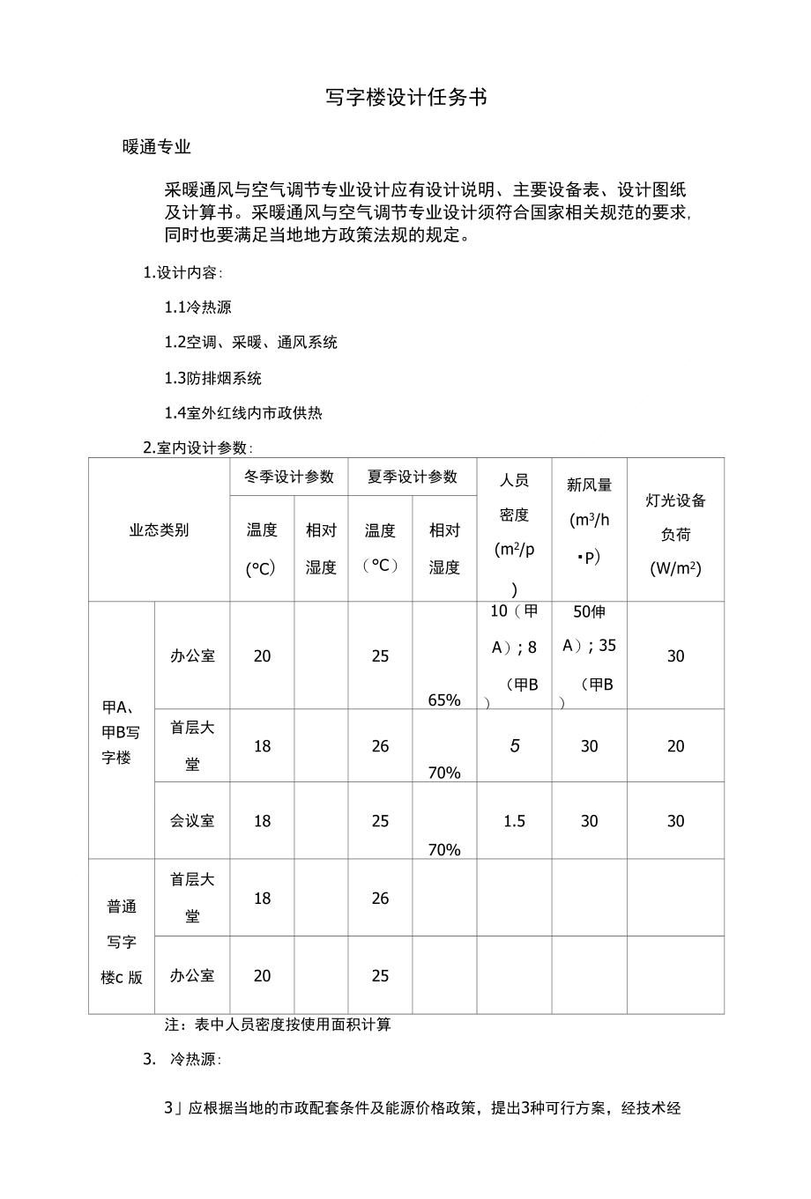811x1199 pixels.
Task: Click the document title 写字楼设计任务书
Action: point(405,98)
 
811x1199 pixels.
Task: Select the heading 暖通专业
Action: point(157,147)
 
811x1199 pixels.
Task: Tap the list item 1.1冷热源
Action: point(198,307)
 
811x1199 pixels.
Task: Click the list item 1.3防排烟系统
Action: point(213,378)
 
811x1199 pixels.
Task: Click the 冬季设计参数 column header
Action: point(289,477)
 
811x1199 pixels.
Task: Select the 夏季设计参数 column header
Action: point(413,477)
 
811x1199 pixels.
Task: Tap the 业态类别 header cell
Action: point(159,529)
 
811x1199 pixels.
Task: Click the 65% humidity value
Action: point(444,699)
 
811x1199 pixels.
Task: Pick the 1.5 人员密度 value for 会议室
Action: point(514,821)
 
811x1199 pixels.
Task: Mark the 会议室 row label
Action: point(192,821)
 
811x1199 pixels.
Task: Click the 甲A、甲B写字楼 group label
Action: point(121,731)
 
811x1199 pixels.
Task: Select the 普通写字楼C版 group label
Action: point(121,941)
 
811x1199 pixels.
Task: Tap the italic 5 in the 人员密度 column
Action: point(515,746)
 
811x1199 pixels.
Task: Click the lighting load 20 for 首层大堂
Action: point(675,746)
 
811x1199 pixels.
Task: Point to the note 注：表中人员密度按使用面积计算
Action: point(278,1025)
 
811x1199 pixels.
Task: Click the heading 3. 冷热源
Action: point(182,1059)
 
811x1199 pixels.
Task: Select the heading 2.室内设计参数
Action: point(198,448)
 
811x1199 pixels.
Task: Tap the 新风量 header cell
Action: point(589,520)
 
